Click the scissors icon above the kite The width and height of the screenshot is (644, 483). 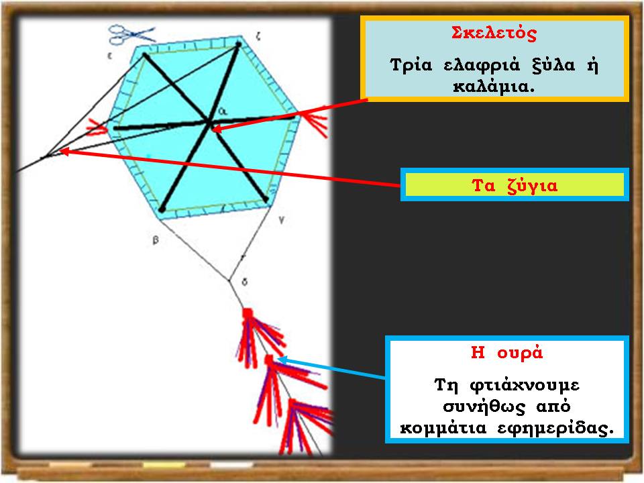pyautogui.click(x=131, y=34)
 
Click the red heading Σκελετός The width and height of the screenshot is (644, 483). pyautogui.click(x=494, y=33)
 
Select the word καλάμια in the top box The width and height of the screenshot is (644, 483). pyautogui.click(x=494, y=87)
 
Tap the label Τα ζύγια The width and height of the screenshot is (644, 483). pyautogui.click(x=515, y=186)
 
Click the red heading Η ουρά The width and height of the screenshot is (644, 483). pyautogui.click(x=507, y=352)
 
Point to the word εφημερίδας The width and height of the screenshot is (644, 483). pyautogui.click(x=555, y=429)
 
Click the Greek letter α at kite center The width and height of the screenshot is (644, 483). pyautogui.click(x=222, y=111)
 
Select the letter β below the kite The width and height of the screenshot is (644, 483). pyautogui.click(x=156, y=240)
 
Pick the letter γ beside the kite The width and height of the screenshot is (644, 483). pyautogui.click(x=281, y=221)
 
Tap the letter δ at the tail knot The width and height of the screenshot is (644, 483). pyautogui.click(x=245, y=282)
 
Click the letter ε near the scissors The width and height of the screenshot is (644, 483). pyautogui.click(x=109, y=56)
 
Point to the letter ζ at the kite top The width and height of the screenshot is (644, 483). pyautogui.click(x=258, y=37)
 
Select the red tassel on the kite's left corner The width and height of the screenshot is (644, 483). pyautogui.click(x=97, y=127)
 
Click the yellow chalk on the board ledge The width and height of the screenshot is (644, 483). pyautogui.click(x=164, y=466)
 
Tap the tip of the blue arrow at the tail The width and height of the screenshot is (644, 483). pyautogui.click(x=278, y=360)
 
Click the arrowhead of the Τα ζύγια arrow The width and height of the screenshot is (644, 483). pyautogui.click(x=62, y=151)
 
